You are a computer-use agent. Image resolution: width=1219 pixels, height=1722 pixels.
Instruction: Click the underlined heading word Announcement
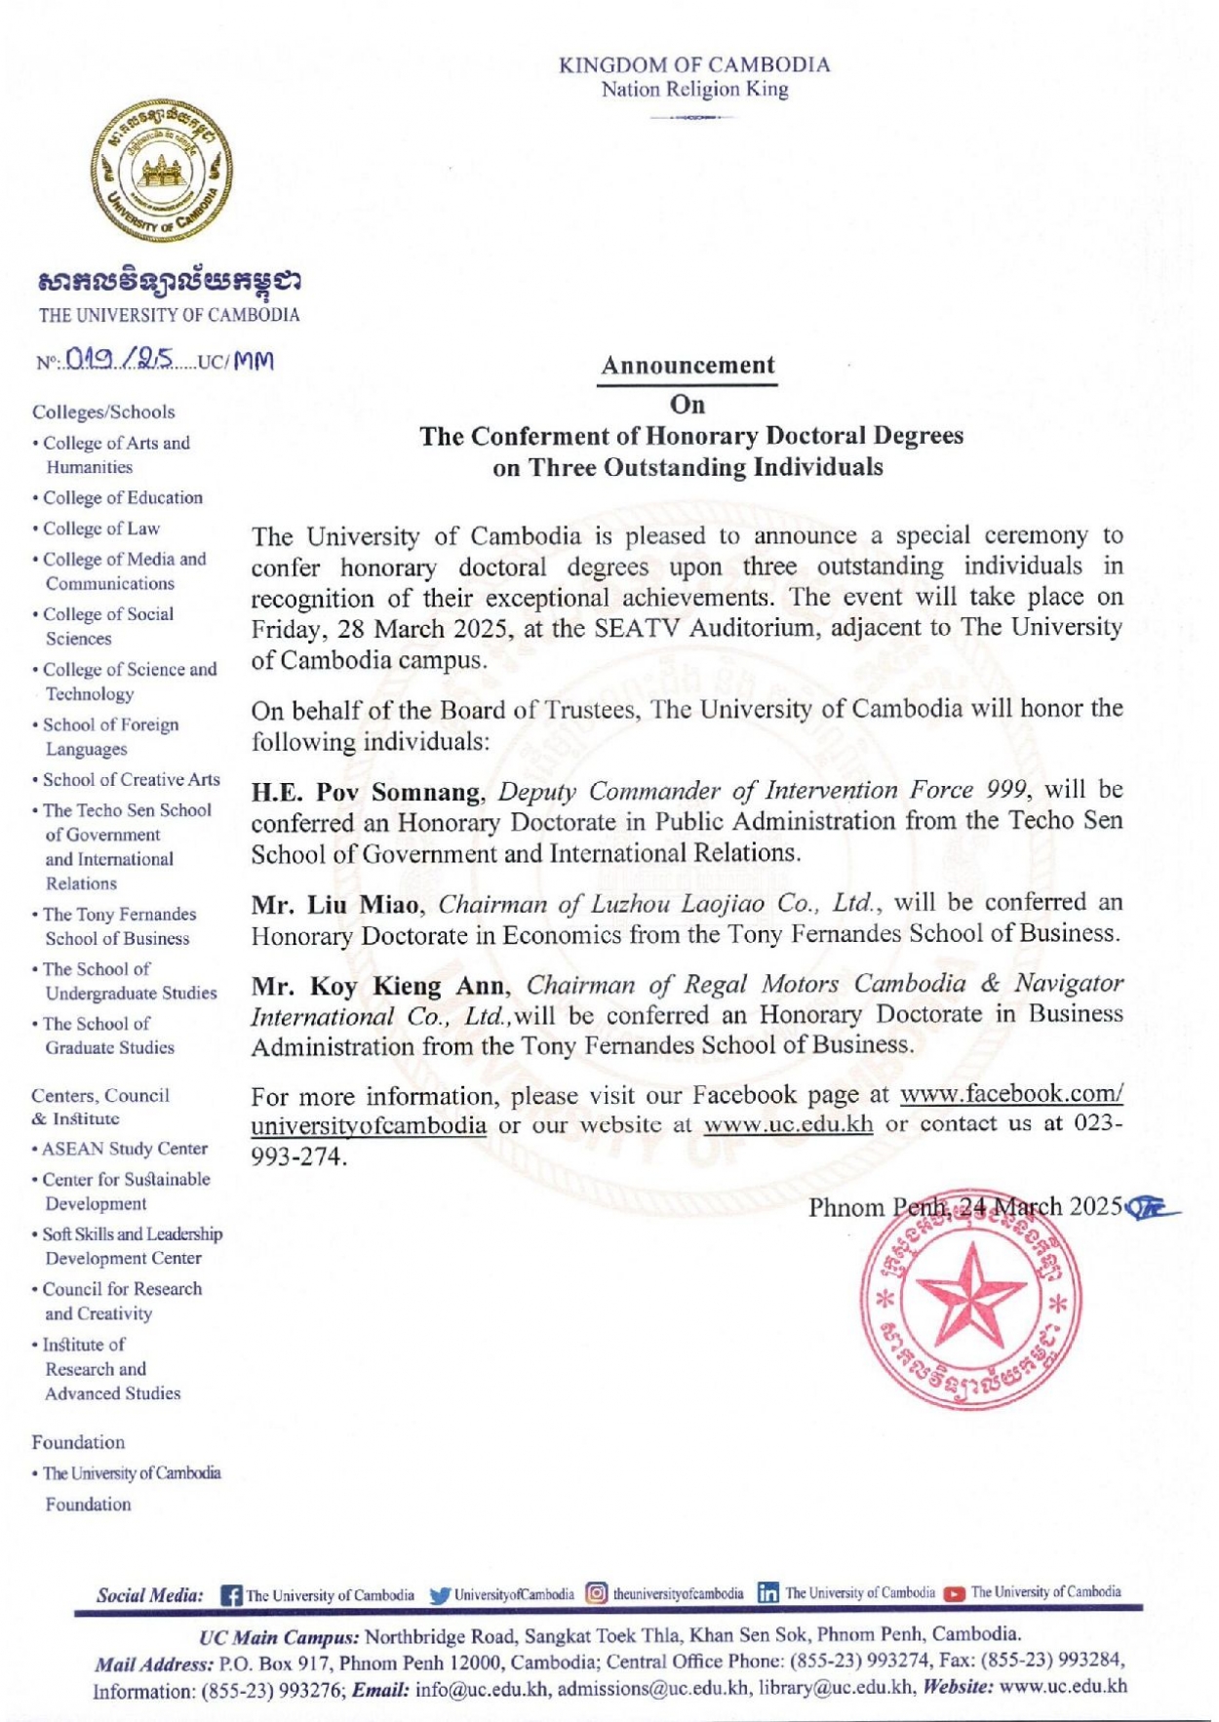pyautogui.click(x=688, y=366)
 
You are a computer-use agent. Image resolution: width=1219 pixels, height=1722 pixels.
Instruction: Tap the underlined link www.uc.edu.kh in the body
pyautogui.click(x=788, y=1124)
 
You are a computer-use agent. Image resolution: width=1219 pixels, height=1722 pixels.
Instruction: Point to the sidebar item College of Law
pyautogui.click(x=100, y=528)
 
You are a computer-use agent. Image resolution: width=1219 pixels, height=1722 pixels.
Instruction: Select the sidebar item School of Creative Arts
pyautogui.click(x=131, y=780)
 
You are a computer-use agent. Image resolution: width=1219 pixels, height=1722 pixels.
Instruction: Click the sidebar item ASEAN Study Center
pyautogui.click(x=124, y=1149)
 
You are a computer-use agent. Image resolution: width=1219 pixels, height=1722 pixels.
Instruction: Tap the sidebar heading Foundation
pyautogui.click(x=78, y=1442)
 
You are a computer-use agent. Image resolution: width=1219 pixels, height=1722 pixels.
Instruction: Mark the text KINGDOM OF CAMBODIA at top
pyautogui.click(x=694, y=65)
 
